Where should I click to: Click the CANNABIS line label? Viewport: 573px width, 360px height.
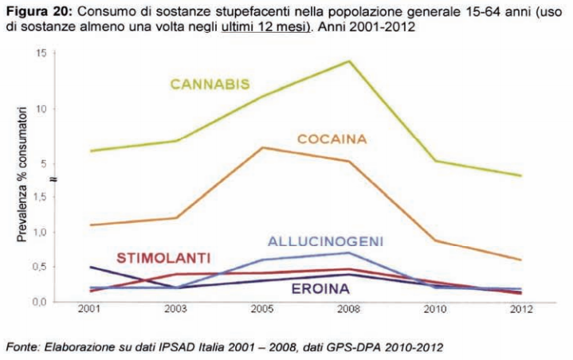click(210, 84)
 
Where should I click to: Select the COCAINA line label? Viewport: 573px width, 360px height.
click(332, 139)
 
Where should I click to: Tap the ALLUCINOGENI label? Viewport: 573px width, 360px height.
click(325, 241)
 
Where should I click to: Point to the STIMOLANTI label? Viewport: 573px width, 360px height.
click(163, 257)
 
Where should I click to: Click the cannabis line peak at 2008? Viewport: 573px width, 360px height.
click(348, 61)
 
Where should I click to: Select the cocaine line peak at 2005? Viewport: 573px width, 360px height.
click(261, 147)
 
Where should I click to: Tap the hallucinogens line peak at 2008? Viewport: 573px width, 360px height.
click(348, 252)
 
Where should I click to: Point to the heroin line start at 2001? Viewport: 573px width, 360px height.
click(90, 267)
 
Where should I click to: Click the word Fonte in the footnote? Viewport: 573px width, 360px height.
click(22, 346)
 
